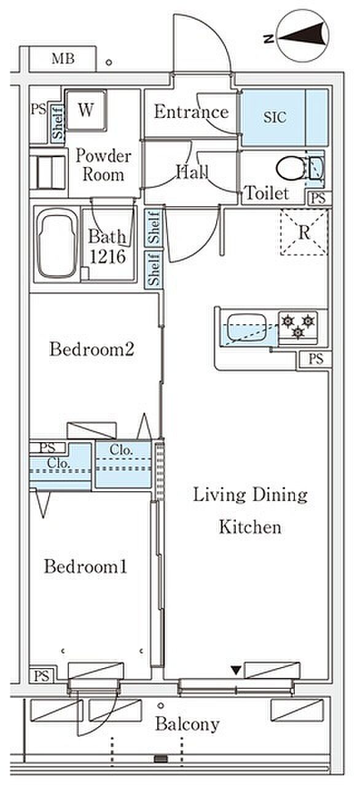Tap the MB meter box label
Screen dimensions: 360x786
63,58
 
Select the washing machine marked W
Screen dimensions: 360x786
86,111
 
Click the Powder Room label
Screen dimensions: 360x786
103,165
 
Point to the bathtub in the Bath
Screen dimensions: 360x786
57,244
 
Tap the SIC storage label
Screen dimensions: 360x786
275,117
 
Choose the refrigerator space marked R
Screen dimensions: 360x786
304,232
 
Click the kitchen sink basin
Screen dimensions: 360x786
247,327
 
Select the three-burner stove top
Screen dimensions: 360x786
298,327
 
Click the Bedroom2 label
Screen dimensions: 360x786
92,349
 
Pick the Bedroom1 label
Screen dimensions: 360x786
85,567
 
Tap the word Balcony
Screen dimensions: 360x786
188,724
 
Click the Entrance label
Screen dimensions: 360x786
191,112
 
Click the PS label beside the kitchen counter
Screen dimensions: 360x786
316,359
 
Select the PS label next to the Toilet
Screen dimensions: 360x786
319,198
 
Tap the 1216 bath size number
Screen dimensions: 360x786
108,257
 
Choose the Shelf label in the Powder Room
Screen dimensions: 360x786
58,123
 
